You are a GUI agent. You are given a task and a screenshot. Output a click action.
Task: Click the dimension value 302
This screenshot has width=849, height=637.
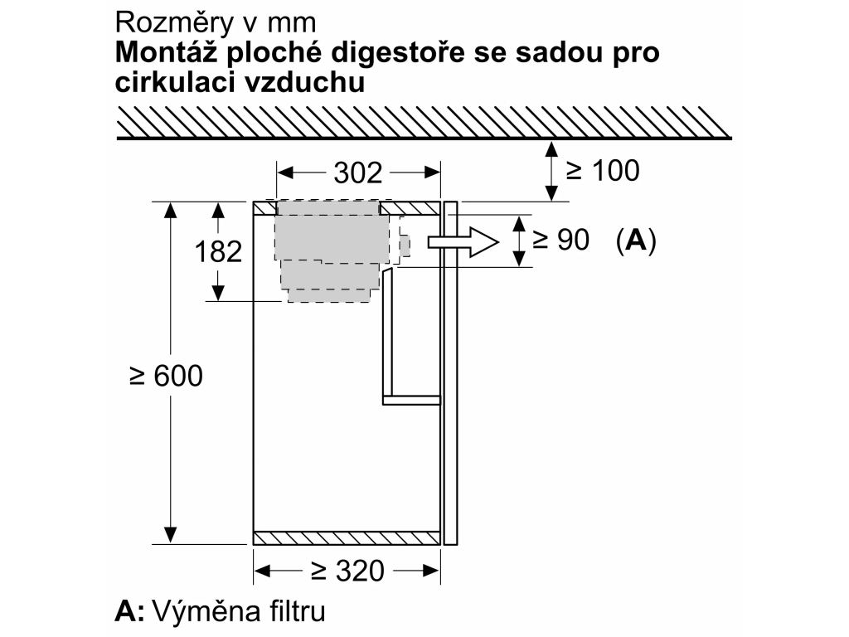358,173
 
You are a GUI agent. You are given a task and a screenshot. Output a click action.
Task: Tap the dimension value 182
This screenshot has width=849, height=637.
218,252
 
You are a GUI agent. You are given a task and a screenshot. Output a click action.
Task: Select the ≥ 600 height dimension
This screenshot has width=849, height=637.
166,376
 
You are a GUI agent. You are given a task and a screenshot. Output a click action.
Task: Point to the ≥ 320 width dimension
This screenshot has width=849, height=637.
347,571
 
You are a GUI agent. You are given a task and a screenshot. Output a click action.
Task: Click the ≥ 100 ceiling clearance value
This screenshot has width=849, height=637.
603,171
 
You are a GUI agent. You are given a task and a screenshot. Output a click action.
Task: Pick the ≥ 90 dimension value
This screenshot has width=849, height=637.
560,240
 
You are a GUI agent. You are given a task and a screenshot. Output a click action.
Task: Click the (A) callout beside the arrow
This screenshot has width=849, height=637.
636,240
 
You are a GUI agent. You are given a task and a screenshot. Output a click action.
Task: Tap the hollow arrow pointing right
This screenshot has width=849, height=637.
463,241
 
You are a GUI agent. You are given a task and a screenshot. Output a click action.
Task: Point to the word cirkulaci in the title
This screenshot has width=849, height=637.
176,82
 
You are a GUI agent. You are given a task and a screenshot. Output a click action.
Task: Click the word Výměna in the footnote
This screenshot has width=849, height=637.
206,611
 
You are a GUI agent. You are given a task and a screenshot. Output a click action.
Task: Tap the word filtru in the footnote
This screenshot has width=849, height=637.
298,611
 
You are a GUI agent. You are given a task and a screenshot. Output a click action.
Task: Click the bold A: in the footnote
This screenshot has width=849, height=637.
129,611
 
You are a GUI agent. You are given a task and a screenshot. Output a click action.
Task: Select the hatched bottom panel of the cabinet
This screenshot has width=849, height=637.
347,537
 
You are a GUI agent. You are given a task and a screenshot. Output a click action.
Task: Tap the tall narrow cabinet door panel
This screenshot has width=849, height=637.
450,372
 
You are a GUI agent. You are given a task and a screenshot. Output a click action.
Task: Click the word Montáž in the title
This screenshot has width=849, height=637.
164,52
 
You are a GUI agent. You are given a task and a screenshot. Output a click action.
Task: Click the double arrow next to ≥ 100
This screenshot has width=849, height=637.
551,171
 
